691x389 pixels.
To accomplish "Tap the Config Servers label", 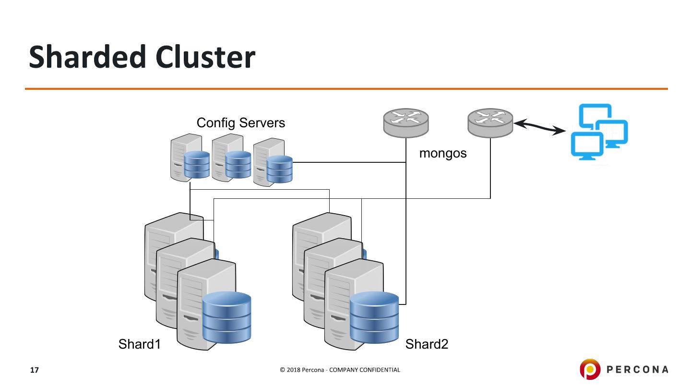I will (240, 123).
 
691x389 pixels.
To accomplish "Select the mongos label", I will (443, 154).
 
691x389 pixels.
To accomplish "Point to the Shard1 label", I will (139, 344).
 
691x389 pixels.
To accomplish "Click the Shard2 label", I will (427, 344).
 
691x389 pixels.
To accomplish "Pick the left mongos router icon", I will (405, 122).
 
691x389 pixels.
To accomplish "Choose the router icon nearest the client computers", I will (490, 122).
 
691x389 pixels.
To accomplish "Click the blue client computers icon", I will (599, 131).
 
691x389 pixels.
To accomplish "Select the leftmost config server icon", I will (190, 158).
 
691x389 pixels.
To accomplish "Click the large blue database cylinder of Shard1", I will (227, 317).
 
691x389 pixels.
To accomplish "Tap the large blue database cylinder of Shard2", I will (374, 317).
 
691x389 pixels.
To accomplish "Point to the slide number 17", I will (34, 370).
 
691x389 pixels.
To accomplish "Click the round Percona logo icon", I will (590, 369).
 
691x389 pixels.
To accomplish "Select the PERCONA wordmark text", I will (638, 369).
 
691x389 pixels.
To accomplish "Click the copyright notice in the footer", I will (340, 370).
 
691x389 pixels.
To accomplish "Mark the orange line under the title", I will (345, 89).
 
